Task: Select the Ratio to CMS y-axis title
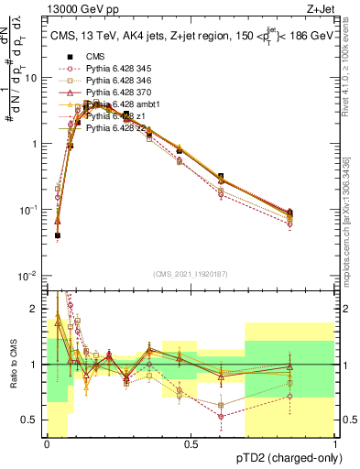[13, 365]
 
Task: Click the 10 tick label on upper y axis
[30, 78]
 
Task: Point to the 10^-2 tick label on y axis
[27, 276]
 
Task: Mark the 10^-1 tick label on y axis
[27, 210]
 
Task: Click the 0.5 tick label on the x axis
[191, 444]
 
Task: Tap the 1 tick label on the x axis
[335, 444]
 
